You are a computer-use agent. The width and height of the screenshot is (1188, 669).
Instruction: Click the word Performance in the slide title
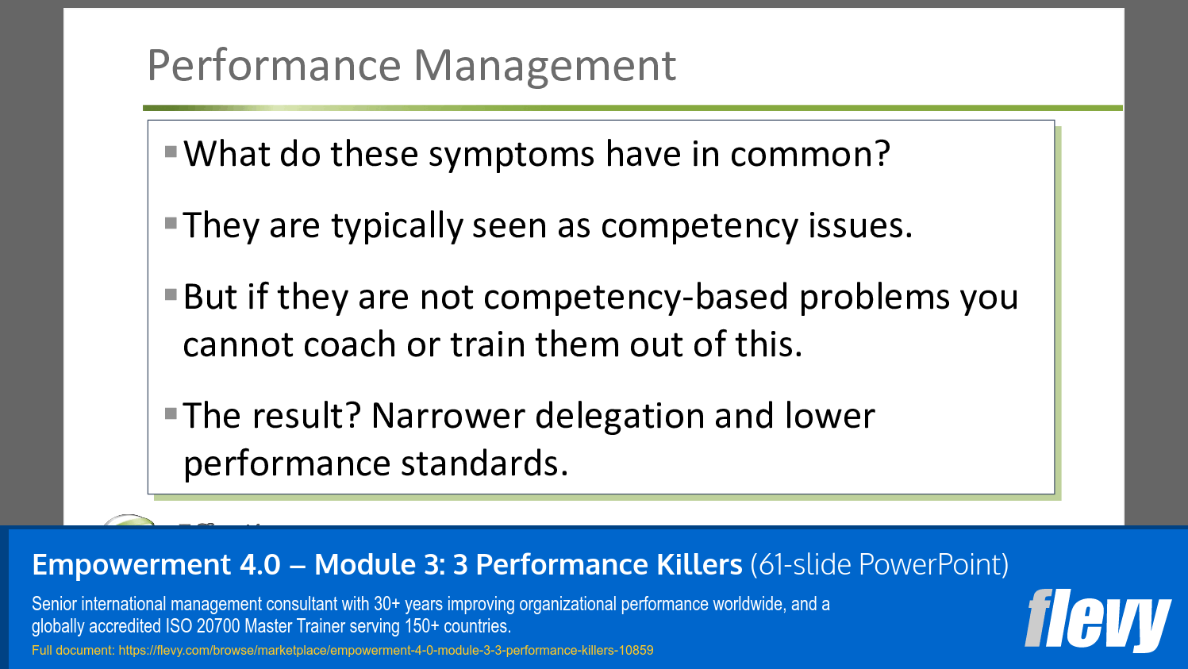pos(274,66)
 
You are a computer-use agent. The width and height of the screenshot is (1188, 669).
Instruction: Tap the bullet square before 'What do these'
pos(171,151)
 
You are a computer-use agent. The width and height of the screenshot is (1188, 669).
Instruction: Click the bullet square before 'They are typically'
pos(171,223)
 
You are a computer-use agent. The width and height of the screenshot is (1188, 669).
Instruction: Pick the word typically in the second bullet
pos(397,227)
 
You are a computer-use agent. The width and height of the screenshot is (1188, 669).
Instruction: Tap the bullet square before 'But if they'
pos(171,294)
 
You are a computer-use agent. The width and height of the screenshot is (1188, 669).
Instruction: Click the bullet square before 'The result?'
pos(171,413)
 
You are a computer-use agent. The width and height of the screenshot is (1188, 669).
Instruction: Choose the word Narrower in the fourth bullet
pos(448,417)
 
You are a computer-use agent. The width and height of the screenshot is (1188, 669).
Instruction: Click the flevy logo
pos(1098,619)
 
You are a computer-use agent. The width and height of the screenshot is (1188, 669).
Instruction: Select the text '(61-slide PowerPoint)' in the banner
pos(879,565)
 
